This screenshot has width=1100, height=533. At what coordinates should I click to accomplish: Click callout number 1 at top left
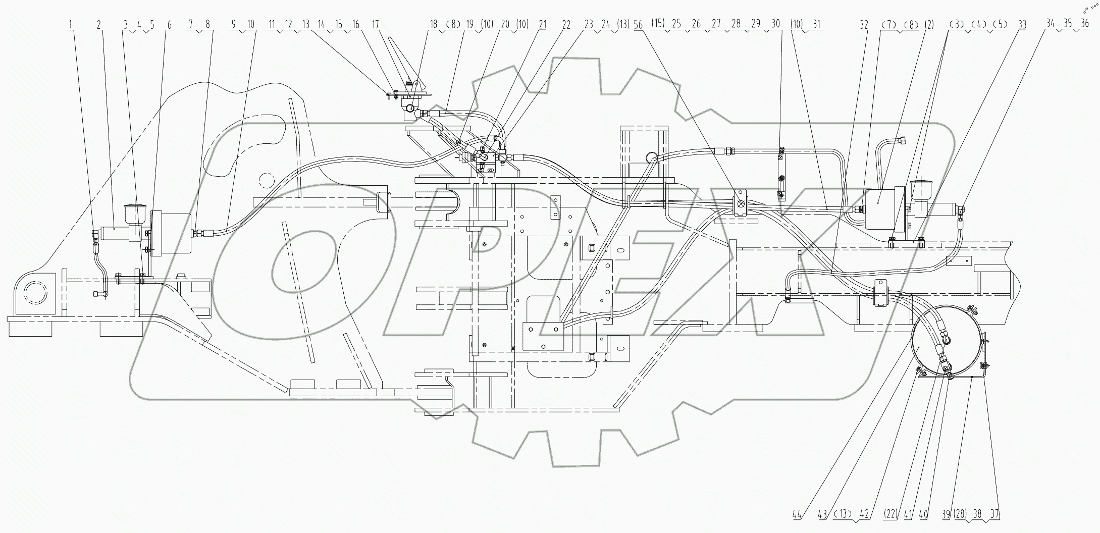pyautogui.click(x=71, y=24)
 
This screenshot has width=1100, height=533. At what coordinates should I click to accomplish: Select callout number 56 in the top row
pyautogui.click(x=639, y=24)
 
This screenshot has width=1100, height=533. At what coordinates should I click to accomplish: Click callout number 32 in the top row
pyautogui.click(x=864, y=24)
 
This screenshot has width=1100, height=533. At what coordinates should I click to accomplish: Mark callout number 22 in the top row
pyautogui.click(x=566, y=24)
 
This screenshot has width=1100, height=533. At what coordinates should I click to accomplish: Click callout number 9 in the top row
pyautogui.click(x=233, y=24)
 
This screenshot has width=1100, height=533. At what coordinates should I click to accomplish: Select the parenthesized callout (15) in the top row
pyautogui.click(x=658, y=24)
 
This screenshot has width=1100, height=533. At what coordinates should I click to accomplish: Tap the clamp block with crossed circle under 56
pyautogui.click(x=740, y=205)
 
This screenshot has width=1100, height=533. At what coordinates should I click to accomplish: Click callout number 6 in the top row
pyautogui.click(x=170, y=24)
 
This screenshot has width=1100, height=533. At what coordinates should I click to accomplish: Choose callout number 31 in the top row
pyautogui.click(x=817, y=24)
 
